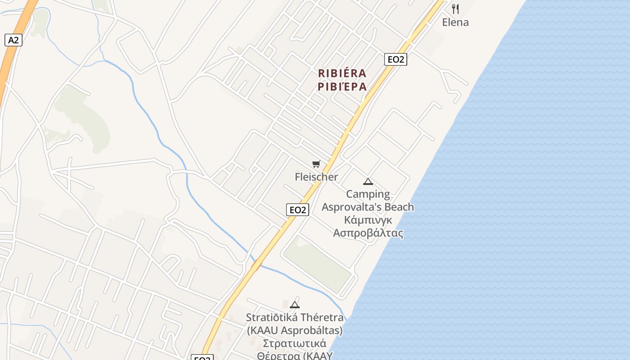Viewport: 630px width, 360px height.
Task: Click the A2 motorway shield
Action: pos(13,40)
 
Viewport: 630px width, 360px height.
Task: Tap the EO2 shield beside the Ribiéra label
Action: pos(396,59)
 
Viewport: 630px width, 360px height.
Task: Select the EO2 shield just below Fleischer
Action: pos(297,210)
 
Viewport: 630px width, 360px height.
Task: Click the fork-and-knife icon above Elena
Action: pos(455,9)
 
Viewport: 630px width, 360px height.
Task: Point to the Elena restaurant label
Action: pos(455,22)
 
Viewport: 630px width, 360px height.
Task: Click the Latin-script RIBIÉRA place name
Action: pos(342,73)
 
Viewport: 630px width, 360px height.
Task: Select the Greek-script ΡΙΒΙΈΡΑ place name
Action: pos(342,87)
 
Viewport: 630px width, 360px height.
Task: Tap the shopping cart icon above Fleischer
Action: pos(316,164)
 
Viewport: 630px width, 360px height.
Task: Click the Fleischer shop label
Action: pos(316,177)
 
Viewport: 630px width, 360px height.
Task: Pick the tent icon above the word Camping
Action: pos(368,182)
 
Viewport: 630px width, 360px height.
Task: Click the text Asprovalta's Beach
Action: pos(368,207)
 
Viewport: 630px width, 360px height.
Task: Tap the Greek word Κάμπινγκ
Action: pos(368,220)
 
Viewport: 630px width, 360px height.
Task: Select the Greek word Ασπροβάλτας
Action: pos(368,233)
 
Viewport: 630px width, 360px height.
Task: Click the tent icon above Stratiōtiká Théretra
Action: pos(295,305)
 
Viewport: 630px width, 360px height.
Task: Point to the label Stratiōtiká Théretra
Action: pos(294,318)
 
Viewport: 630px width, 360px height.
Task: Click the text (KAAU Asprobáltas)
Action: pos(294,331)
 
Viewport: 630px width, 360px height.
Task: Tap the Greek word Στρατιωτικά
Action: pos(294,344)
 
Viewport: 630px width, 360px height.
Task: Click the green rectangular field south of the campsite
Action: pos(318,264)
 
